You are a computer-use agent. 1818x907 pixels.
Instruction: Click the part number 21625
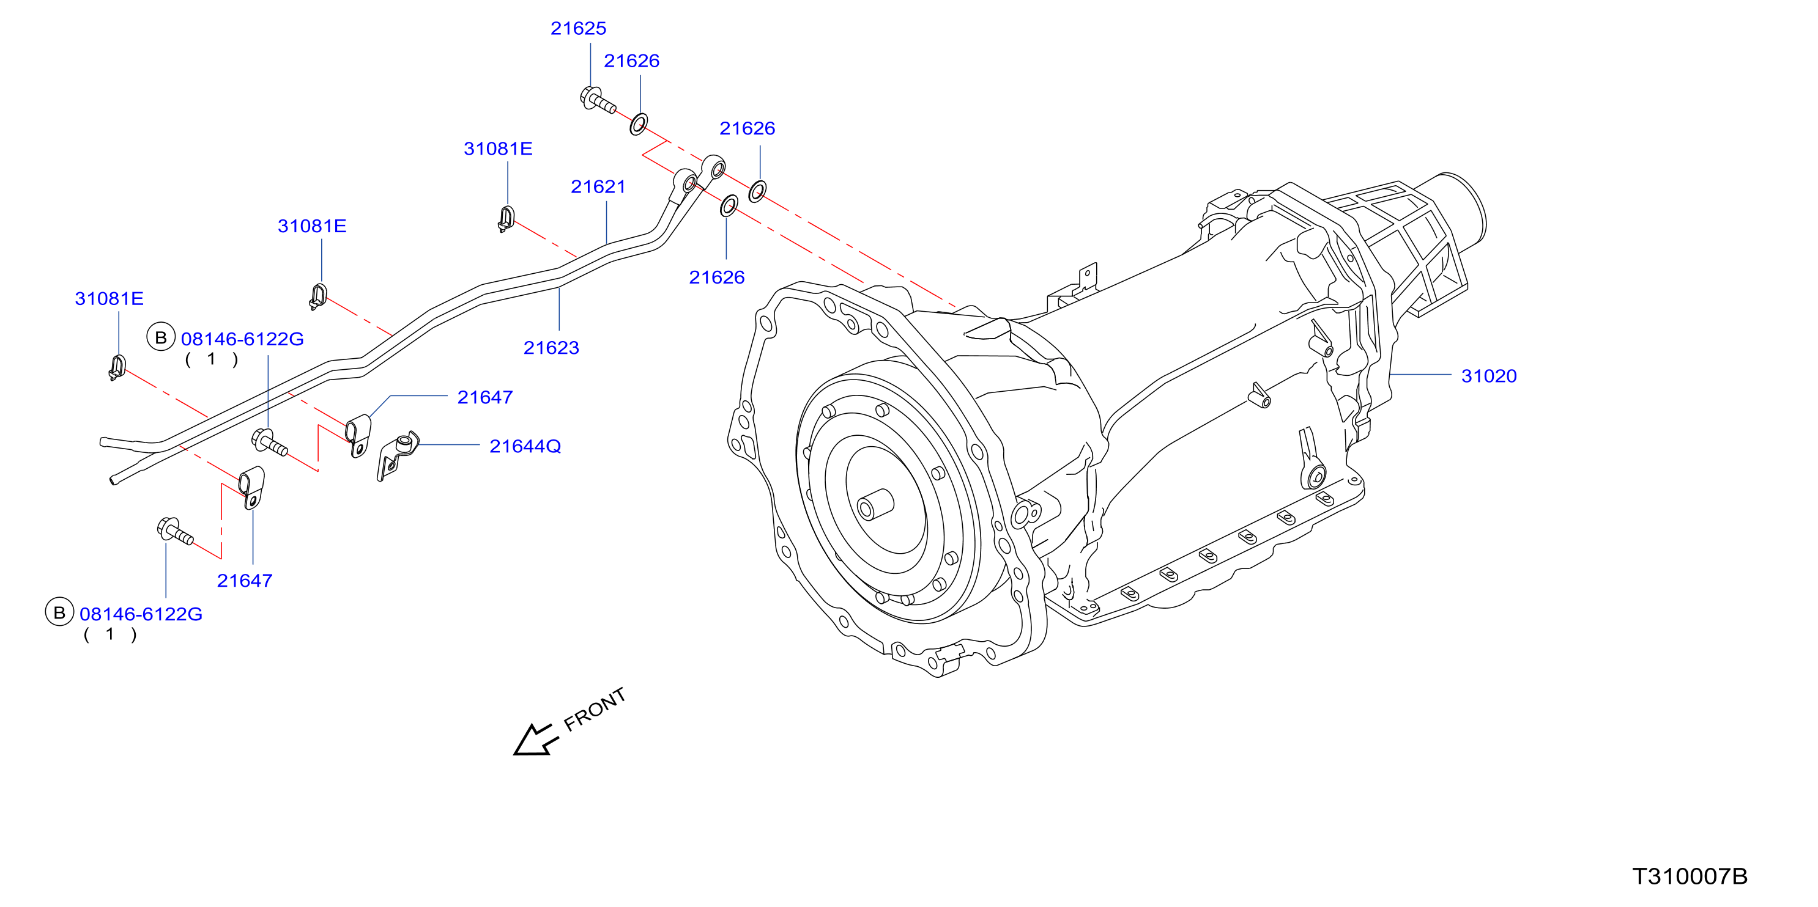pos(578,28)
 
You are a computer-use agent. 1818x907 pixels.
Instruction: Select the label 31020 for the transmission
pos(1488,376)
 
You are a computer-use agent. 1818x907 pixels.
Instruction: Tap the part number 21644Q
pos(525,446)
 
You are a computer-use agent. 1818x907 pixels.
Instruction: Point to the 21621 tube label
pos(598,187)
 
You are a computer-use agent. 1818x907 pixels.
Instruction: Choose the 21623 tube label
pos(551,348)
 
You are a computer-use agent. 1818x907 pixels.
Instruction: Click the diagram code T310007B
pos(1690,876)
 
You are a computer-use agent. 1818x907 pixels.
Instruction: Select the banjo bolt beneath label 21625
pos(597,100)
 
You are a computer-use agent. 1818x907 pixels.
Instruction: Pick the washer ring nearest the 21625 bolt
pos(639,124)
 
